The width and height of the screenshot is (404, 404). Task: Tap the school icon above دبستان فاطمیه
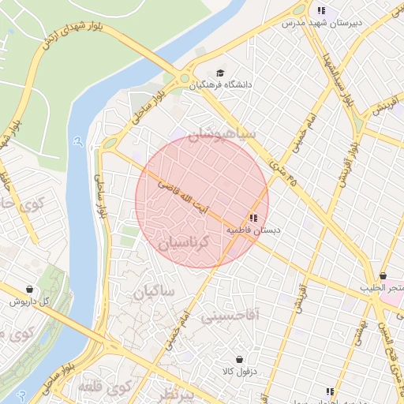click(x=253, y=218)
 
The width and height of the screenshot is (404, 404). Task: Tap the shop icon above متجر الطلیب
click(x=383, y=277)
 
